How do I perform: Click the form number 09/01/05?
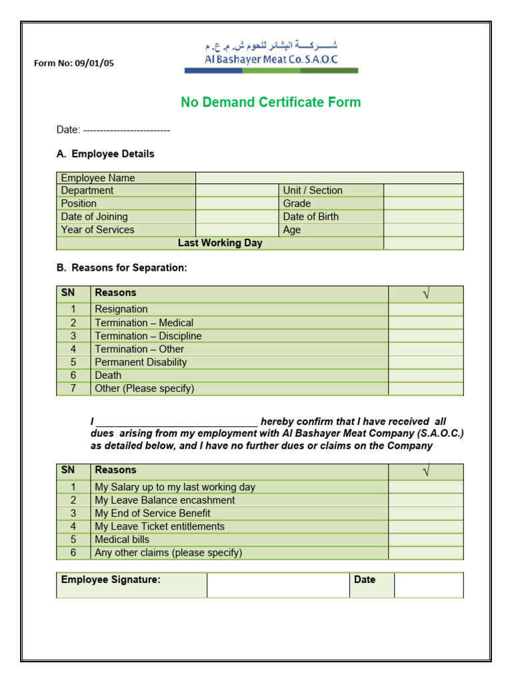(74, 64)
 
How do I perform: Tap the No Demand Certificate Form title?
(271, 102)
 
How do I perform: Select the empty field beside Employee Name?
(329, 178)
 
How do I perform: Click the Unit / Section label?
(313, 191)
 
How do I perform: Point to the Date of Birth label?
(311, 217)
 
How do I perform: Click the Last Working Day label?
(220, 243)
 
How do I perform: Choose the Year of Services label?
(97, 230)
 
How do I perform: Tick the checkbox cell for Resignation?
(425, 309)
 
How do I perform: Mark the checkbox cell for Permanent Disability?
(425, 362)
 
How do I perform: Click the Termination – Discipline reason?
(148, 336)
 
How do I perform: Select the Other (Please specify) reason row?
(145, 389)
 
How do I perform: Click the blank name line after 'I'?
(177, 422)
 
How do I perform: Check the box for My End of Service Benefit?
(425, 514)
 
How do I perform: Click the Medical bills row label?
(122, 540)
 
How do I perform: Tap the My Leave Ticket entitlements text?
(159, 527)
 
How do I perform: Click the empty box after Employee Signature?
(277, 585)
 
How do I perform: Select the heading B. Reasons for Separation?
(122, 268)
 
